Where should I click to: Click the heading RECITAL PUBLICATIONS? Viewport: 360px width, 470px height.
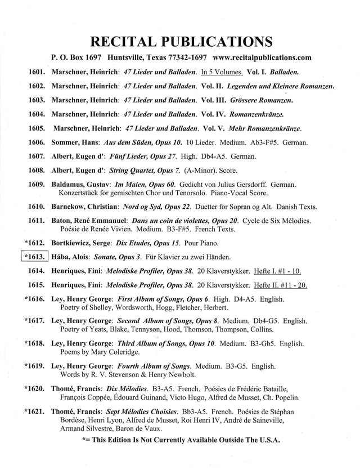pyautogui.click(x=179, y=42)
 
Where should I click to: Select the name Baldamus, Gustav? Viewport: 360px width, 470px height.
pyautogui.click(x=84, y=184)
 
